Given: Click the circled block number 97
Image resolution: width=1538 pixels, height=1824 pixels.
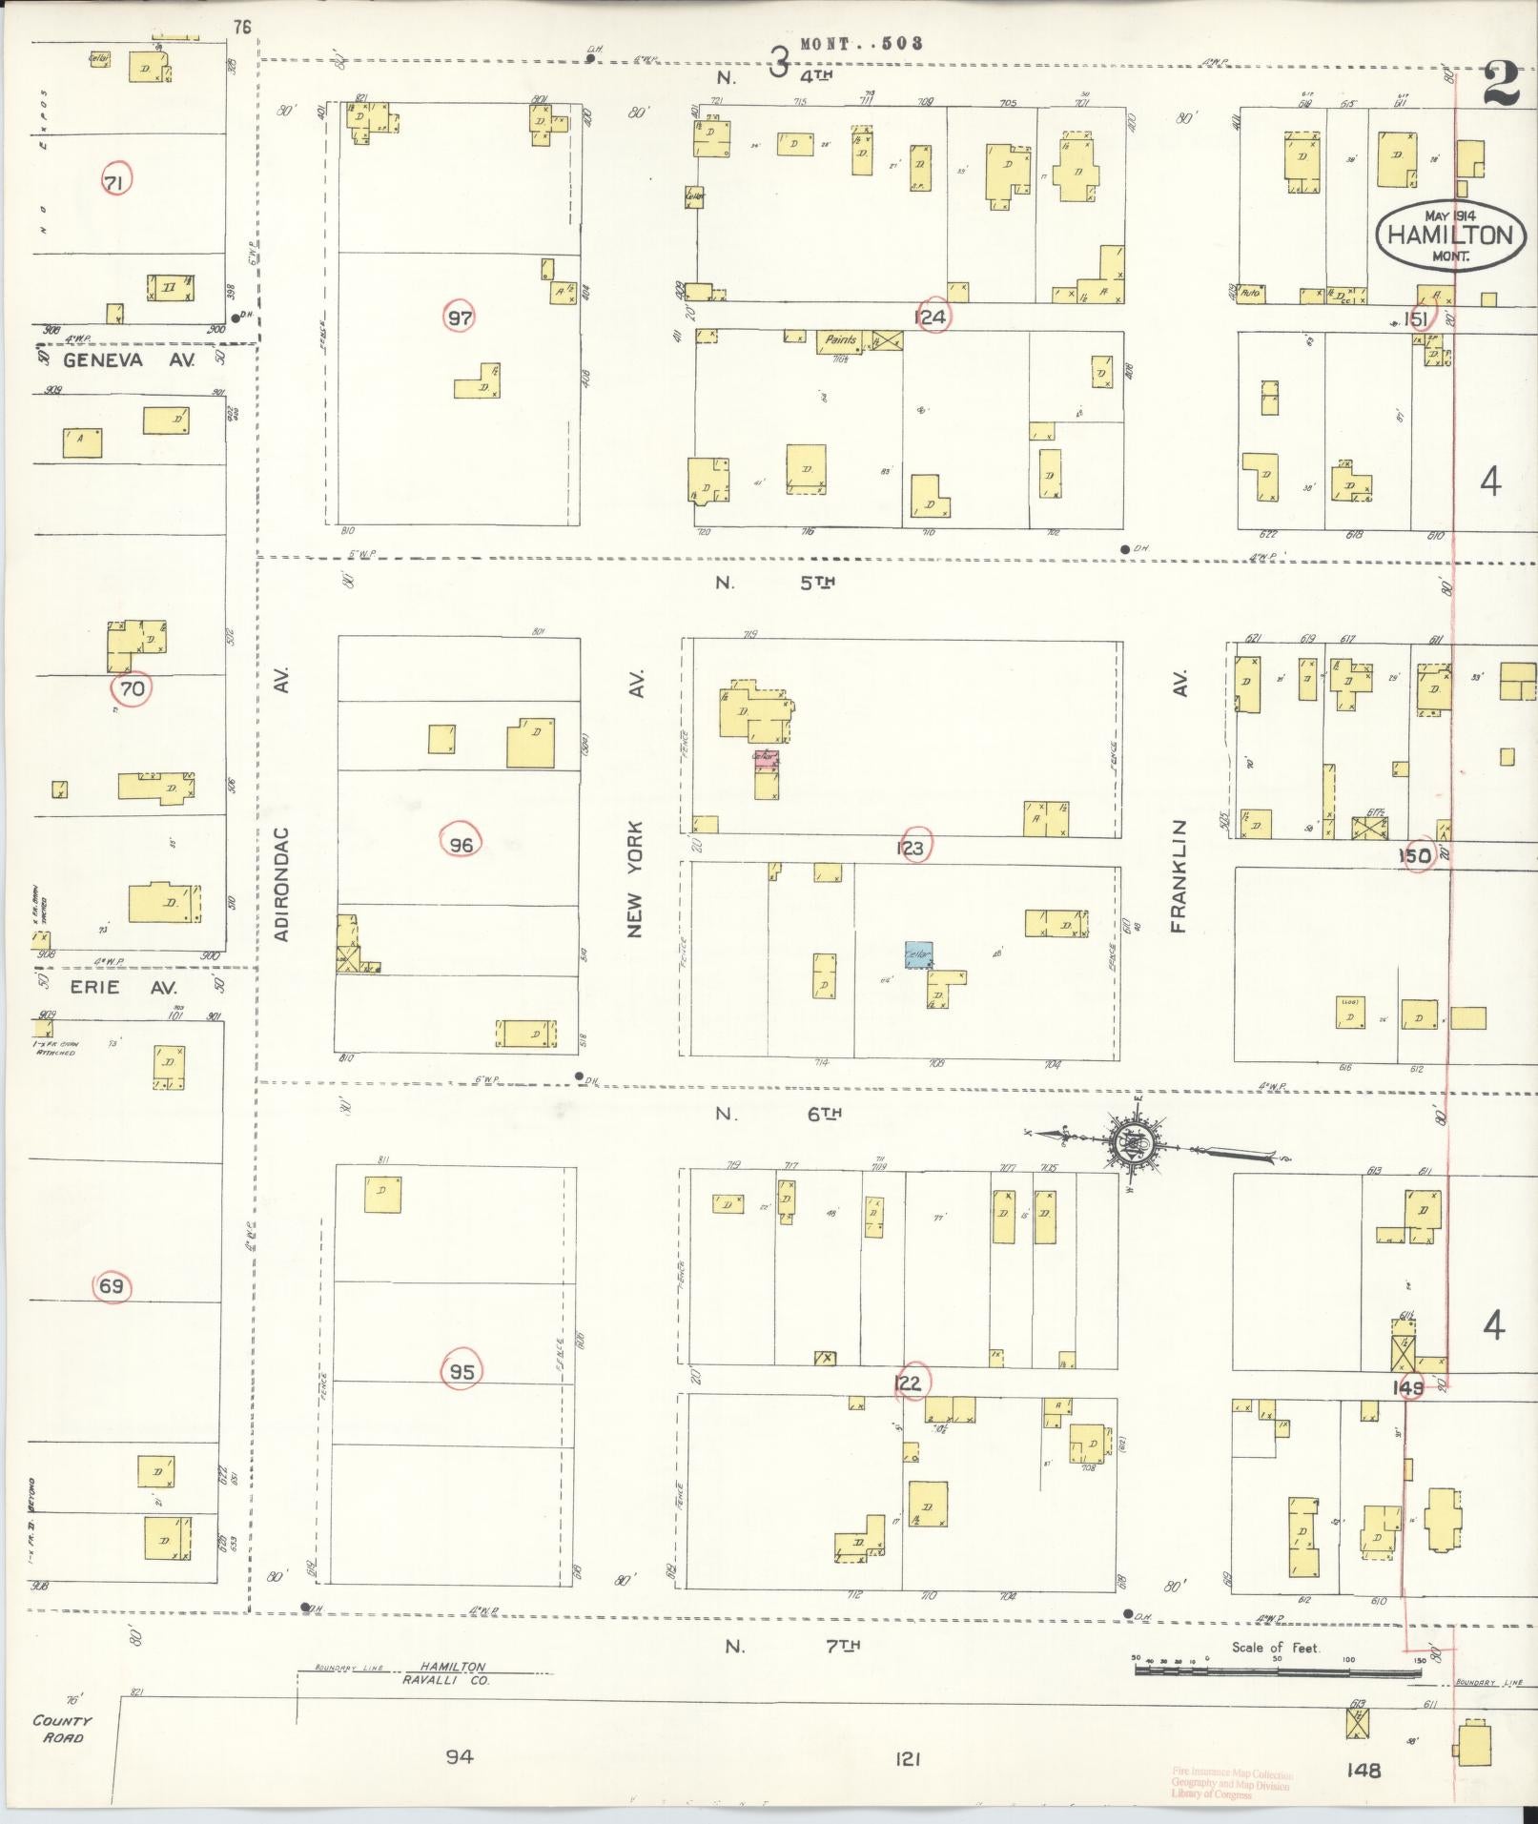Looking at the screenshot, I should [461, 318].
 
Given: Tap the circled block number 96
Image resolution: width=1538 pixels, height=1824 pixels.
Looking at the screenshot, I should [461, 843].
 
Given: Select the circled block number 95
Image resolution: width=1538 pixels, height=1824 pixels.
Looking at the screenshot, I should [462, 1371].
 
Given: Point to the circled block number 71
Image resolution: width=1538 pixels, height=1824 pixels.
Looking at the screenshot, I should [113, 181].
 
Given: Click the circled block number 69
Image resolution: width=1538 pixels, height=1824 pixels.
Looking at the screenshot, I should [112, 1286].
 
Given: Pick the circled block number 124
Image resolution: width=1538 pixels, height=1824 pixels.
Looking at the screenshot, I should [930, 318].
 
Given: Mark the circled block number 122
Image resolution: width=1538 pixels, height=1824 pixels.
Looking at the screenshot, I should [910, 1383].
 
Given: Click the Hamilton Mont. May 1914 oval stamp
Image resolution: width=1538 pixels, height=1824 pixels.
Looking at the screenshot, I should [1449, 235].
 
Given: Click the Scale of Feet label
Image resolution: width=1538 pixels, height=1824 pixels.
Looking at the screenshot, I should [1276, 1647].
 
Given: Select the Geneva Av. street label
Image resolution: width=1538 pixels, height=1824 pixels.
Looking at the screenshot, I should [130, 360].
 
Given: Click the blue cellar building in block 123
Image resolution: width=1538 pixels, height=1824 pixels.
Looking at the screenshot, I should [918, 954].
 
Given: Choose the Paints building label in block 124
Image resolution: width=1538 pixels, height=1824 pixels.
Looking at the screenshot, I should [841, 340].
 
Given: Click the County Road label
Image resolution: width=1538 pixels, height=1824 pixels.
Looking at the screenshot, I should [62, 1729].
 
